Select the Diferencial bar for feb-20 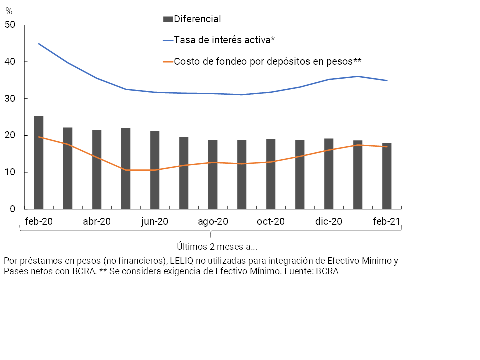39,162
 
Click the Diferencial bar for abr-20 97,169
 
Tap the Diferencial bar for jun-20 155,170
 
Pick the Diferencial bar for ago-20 213,175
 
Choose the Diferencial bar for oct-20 271,174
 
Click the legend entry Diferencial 197,19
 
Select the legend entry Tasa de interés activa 225,40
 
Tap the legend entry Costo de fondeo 267,61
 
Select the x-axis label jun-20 155,221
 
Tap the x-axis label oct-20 271,221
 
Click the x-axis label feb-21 387,221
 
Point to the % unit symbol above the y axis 8,11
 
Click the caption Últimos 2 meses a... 217,246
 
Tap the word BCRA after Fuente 327,272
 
